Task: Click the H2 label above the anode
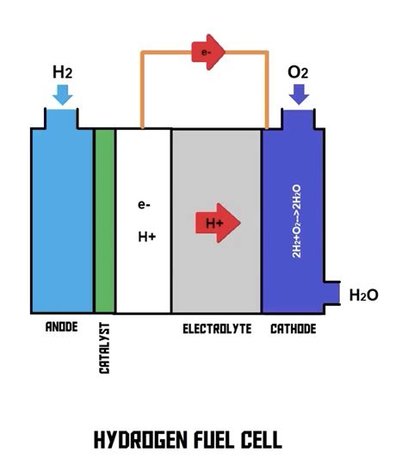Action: point(61,71)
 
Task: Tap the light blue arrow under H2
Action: point(61,96)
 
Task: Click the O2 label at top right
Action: point(299,71)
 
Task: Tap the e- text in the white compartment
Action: point(144,205)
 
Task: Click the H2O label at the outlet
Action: point(364,295)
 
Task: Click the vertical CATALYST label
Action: point(105,348)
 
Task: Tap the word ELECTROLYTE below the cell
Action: point(216,329)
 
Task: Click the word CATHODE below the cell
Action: point(293,329)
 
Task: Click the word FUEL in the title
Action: point(221,441)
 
